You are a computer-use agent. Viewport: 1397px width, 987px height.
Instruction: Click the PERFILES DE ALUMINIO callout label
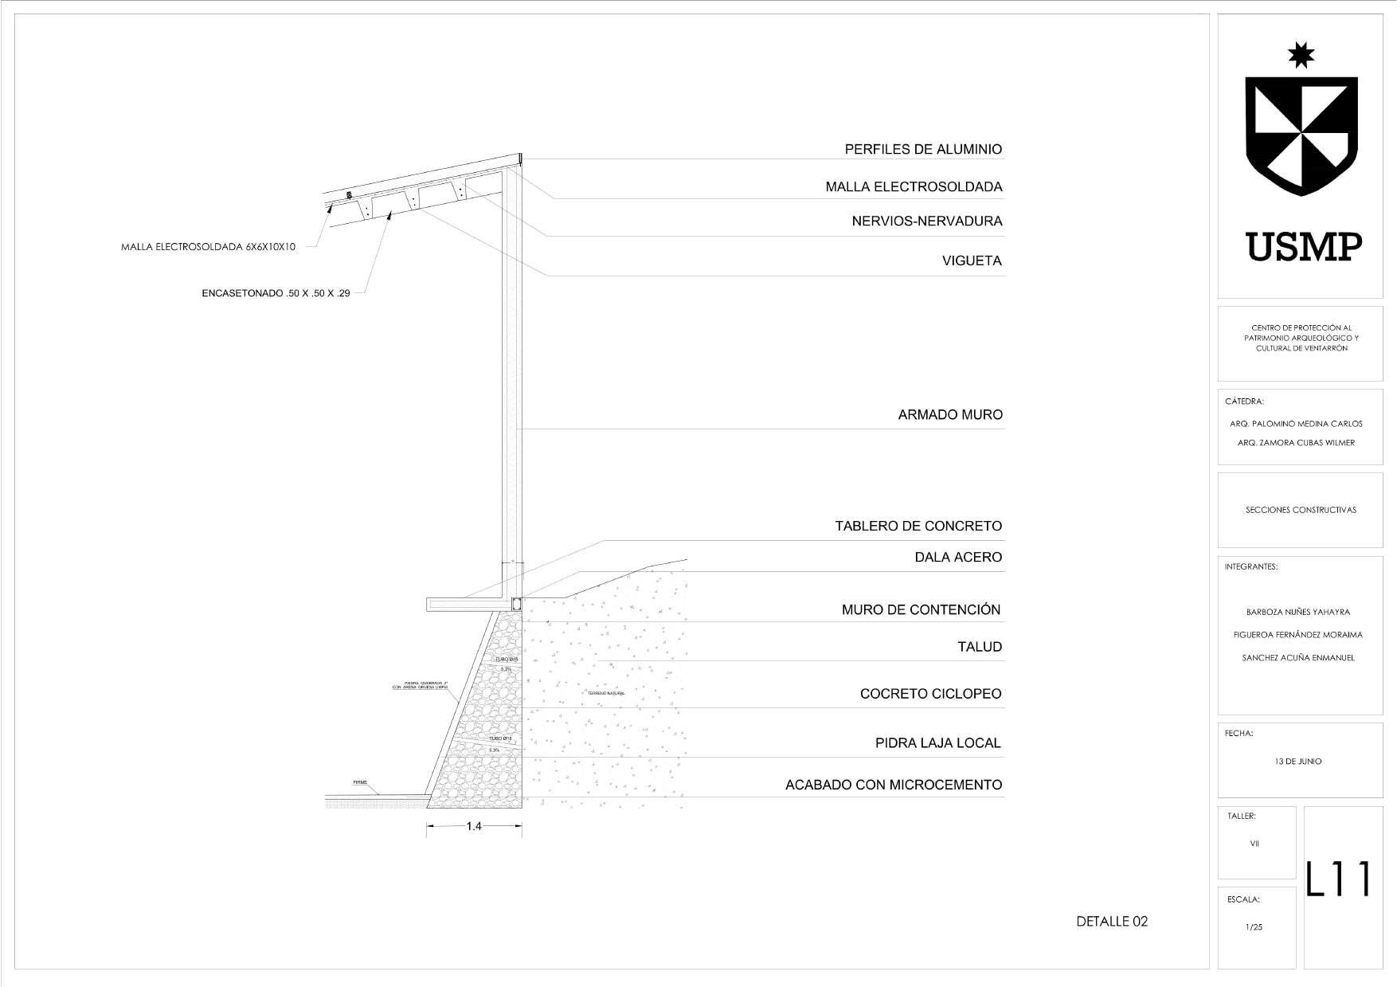pyautogui.click(x=923, y=150)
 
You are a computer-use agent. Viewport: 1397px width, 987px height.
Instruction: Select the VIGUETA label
pyautogui.click(x=972, y=261)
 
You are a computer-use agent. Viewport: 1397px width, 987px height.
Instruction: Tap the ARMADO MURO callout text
pyautogui.click(x=950, y=415)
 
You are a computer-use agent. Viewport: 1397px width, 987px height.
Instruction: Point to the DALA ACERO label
pyautogui.click(x=958, y=558)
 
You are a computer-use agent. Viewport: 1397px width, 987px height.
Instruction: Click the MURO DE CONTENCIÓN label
pyautogui.click(x=921, y=610)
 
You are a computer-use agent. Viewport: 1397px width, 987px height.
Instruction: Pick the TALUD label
pyautogui.click(x=980, y=648)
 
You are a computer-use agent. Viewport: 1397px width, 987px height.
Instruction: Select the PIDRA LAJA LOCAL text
pyautogui.click(x=937, y=743)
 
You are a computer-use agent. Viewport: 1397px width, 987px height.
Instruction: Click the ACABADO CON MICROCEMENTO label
pyautogui.click(x=894, y=785)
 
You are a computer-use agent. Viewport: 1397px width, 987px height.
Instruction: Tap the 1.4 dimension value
pyautogui.click(x=474, y=827)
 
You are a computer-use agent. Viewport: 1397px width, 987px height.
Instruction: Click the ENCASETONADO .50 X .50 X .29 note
pyautogui.click(x=276, y=294)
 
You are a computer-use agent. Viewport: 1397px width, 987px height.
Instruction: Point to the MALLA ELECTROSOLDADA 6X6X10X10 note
pyautogui.click(x=208, y=247)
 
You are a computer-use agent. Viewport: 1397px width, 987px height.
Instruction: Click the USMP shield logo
pyautogui.click(x=1301, y=135)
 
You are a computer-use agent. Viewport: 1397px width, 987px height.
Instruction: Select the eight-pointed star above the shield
pyautogui.click(x=1301, y=55)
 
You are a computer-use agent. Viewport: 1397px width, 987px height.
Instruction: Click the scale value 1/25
pyautogui.click(x=1254, y=927)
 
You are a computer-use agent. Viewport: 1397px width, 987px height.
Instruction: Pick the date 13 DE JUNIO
pyautogui.click(x=1298, y=762)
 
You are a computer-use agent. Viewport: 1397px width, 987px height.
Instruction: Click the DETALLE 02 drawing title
pyautogui.click(x=1112, y=922)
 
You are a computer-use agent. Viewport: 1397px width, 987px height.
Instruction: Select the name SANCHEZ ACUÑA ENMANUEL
pyautogui.click(x=1298, y=658)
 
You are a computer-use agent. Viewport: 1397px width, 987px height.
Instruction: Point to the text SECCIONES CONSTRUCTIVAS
pyautogui.click(x=1301, y=510)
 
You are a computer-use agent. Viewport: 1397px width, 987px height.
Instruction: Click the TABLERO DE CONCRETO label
pyautogui.click(x=918, y=527)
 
